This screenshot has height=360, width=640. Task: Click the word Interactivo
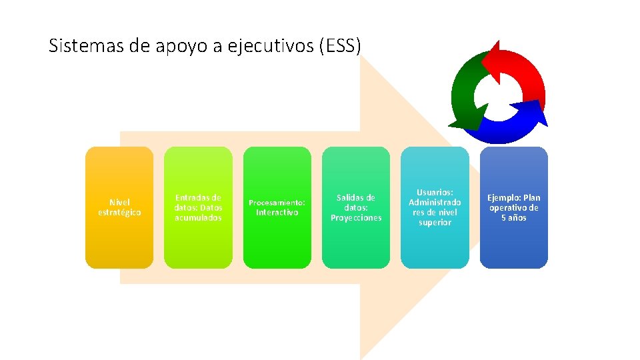tap(277, 213)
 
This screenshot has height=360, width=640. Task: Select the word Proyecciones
tap(356, 218)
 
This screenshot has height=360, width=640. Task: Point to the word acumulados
tap(198, 218)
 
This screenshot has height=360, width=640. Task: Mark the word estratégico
tap(119, 213)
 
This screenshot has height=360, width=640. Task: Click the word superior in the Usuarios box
tap(435, 223)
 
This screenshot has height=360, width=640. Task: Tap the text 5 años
tap(513, 218)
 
